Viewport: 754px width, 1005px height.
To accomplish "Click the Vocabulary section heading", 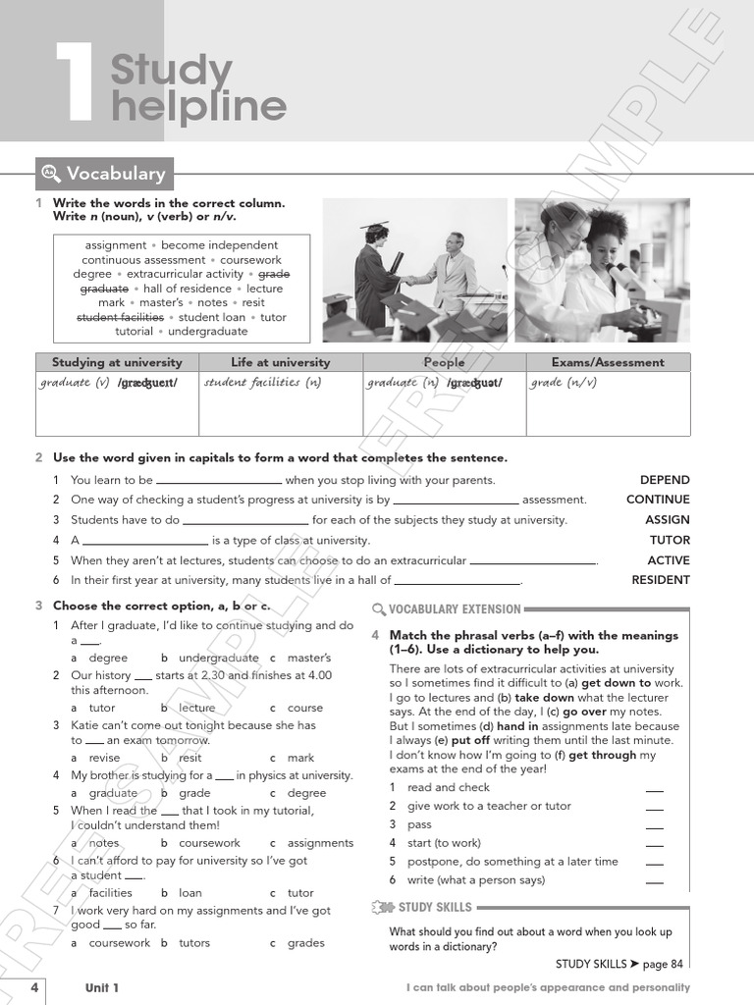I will (115, 174).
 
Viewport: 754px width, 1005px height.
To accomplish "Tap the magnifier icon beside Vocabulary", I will (51, 174).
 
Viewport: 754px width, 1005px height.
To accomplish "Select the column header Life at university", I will (281, 362).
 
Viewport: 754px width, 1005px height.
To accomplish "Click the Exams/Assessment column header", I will (608, 362).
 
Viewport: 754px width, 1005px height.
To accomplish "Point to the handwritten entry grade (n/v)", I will (564, 383).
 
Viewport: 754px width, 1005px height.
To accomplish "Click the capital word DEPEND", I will (665, 480).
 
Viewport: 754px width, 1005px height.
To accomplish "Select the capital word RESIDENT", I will (660, 580).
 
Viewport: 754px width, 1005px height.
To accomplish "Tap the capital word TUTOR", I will (670, 540).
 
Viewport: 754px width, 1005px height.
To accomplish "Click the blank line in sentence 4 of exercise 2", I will (145, 542).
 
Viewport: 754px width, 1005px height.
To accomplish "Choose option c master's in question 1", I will (308, 658).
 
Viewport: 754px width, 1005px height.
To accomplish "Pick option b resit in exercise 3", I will (189, 758).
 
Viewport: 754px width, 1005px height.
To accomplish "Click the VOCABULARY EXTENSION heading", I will (455, 609).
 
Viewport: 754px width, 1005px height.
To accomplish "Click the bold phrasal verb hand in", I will (518, 726).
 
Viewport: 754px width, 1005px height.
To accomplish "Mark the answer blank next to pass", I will (655, 825).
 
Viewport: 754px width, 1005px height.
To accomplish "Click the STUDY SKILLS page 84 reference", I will (619, 964).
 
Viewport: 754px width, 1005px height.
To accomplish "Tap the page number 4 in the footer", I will (34, 987).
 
